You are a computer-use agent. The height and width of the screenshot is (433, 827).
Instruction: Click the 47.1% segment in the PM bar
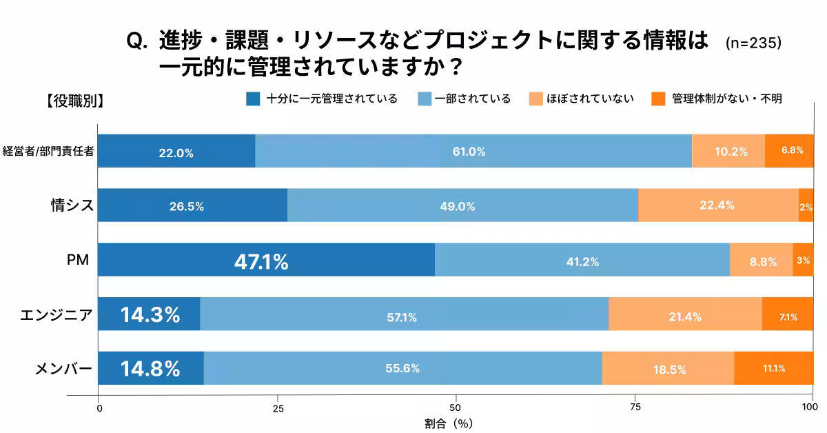click(x=266, y=260)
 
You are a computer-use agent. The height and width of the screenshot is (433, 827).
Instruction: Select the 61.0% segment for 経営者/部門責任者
click(x=473, y=151)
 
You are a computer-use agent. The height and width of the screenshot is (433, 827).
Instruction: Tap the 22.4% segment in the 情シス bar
click(x=718, y=205)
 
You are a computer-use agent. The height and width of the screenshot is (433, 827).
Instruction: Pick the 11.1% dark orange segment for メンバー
click(x=773, y=368)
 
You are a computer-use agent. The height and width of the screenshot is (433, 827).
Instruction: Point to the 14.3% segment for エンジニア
click(x=149, y=314)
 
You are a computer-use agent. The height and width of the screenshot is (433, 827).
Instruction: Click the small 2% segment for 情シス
click(x=806, y=205)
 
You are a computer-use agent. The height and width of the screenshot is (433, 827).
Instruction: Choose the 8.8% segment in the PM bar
click(x=761, y=260)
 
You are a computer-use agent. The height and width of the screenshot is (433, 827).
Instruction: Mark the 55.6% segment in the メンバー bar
click(x=402, y=368)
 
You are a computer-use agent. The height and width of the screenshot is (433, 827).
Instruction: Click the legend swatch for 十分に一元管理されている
click(x=253, y=99)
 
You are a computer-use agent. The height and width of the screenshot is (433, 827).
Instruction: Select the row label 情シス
click(x=72, y=205)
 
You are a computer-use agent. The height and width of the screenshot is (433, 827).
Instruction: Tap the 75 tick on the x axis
click(x=635, y=407)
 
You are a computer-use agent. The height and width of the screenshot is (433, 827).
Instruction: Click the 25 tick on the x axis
click(x=278, y=407)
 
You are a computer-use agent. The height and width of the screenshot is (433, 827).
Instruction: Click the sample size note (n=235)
click(x=753, y=43)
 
